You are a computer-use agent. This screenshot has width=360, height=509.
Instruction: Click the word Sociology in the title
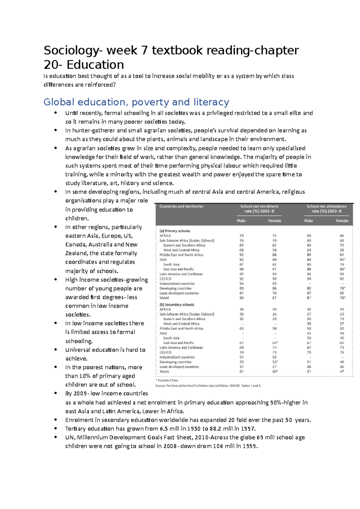tap(71, 50)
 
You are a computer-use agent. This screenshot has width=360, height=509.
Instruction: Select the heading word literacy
tap(211, 102)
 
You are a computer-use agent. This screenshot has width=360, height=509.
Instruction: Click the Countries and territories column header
tap(181, 206)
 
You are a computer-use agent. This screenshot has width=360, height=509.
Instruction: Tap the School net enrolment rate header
tap(259, 209)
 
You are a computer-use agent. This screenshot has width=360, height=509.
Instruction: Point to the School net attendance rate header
tap(326, 209)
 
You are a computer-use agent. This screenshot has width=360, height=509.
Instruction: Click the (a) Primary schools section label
tap(175, 231)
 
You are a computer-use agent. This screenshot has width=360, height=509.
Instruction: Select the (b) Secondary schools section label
tap(177, 305)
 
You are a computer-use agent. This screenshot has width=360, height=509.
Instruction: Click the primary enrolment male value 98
tap(241, 269)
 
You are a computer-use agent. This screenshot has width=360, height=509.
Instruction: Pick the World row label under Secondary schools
tap(164, 371)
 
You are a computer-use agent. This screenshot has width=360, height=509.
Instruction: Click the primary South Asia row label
tap(171, 264)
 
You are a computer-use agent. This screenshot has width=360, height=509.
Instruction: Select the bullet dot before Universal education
tap(55, 350)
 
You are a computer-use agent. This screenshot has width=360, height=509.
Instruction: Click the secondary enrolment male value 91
tap(241, 357)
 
